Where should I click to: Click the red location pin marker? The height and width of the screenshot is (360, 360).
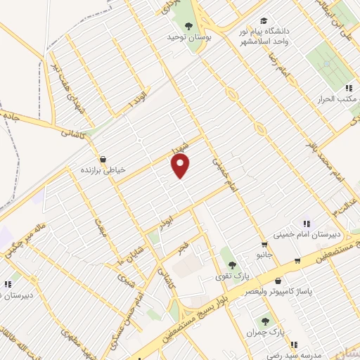pyautogui.click(x=181, y=166)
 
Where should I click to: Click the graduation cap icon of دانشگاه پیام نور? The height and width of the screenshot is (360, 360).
pyautogui.click(x=263, y=21)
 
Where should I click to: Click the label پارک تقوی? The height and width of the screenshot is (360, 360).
pyautogui.click(x=231, y=276)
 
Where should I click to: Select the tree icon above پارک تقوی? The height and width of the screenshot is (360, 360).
pyautogui.click(x=231, y=265)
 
